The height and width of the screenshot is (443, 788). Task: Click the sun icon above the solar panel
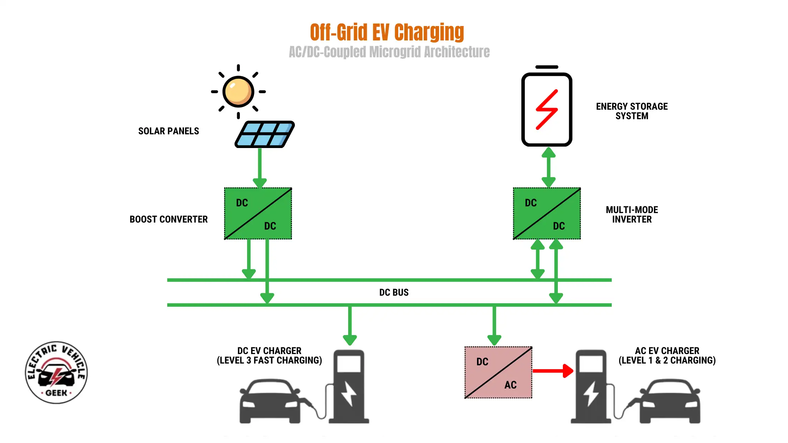tap(238, 91)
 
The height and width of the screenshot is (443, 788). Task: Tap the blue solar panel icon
tap(265, 134)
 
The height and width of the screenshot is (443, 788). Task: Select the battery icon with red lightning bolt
tap(547, 109)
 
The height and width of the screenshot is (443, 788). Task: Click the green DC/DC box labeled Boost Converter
tap(258, 214)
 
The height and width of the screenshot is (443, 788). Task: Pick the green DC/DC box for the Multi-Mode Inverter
tap(547, 214)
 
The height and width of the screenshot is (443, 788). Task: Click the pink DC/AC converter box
tap(498, 372)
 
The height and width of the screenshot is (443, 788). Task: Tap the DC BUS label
tap(394, 293)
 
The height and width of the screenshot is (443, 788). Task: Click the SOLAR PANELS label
tap(169, 131)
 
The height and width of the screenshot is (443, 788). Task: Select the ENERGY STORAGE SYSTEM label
tap(632, 111)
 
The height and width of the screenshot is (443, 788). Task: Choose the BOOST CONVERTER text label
tap(169, 219)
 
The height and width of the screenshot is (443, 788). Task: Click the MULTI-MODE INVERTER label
tap(632, 214)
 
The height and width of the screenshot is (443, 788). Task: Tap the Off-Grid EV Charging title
tap(387, 32)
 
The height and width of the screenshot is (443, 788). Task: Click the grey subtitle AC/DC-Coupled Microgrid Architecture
tap(389, 52)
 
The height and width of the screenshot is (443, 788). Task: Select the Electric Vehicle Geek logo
tap(56, 372)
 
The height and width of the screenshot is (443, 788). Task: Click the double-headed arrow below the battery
tap(548, 167)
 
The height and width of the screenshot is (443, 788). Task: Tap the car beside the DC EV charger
tap(270, 401)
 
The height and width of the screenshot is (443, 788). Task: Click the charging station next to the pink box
tap(591, 387)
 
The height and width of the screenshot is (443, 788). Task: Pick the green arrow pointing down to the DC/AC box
tap(494, 325)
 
